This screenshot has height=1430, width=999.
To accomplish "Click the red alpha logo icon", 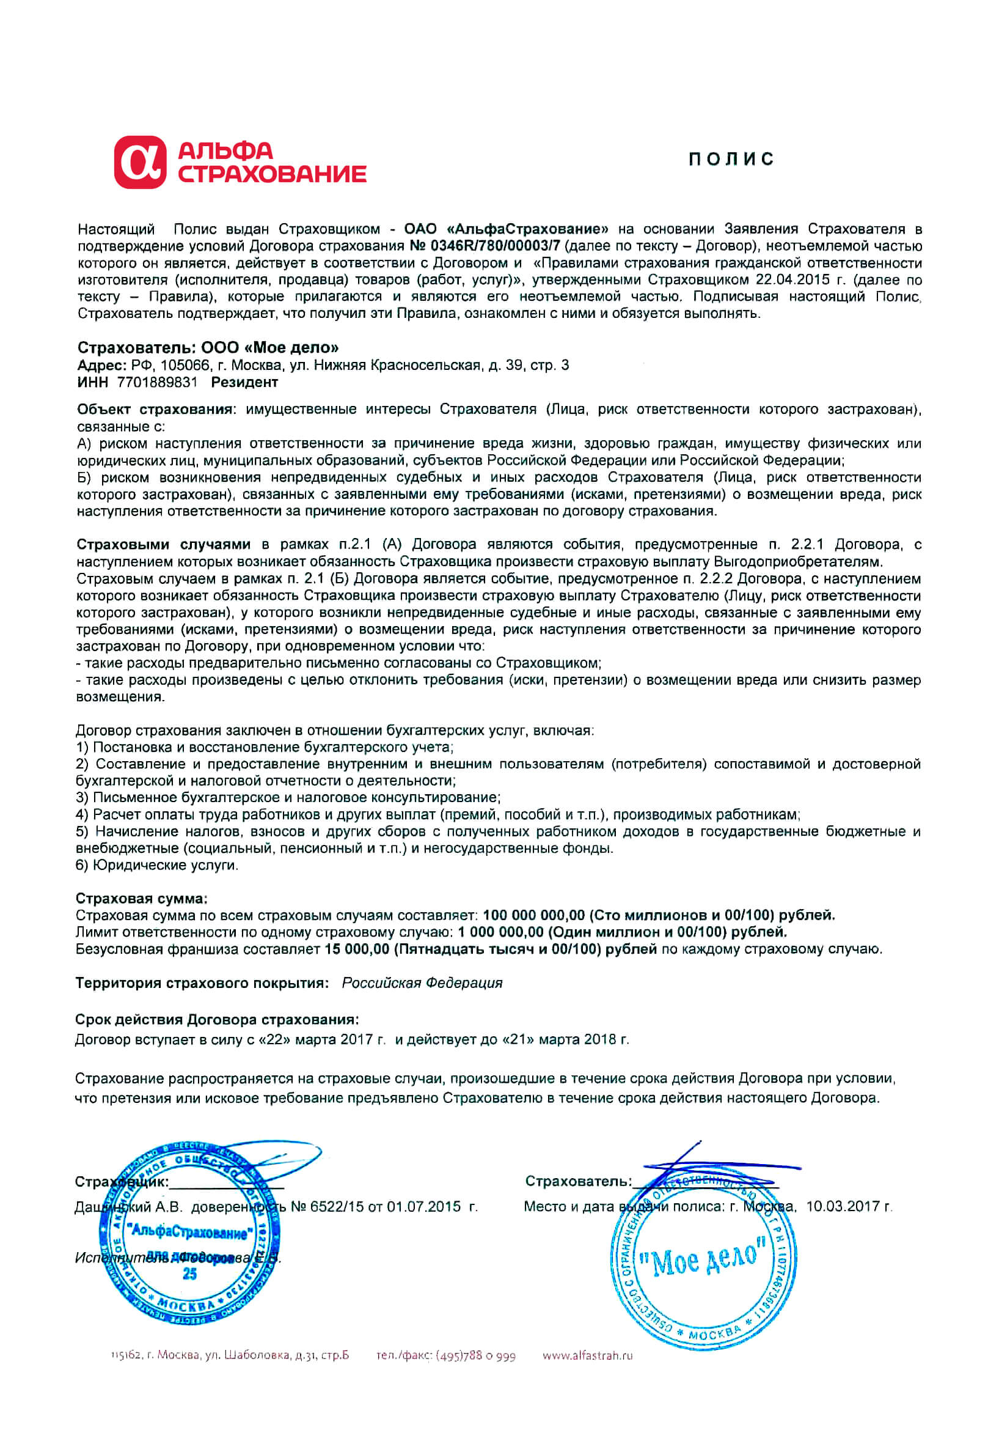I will click(x=140, y=162).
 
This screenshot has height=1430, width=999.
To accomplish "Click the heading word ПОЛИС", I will click(x=731, y=160).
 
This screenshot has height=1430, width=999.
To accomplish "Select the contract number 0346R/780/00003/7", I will click(x=495, y=246).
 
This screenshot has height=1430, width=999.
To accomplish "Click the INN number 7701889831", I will click(x=158, y=381).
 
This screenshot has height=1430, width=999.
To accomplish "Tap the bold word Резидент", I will click(x=244, y=381).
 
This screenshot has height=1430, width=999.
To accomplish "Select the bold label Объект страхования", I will click(x=155, y=409).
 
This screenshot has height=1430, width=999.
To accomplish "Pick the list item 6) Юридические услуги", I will click(x=157, y=865).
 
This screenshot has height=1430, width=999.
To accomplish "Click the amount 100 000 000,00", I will click(x=533, y=915).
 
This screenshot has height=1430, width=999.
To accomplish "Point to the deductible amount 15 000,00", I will click(x=357, y=949).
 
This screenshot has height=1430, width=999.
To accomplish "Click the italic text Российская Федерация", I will click(x=422, y=983).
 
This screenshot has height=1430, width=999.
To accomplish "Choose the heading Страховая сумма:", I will click(x=141, y=898).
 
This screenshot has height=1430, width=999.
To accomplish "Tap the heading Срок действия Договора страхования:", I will click(x=217, y=1020).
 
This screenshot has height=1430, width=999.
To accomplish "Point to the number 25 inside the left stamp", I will click(x=190, y=1273).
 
